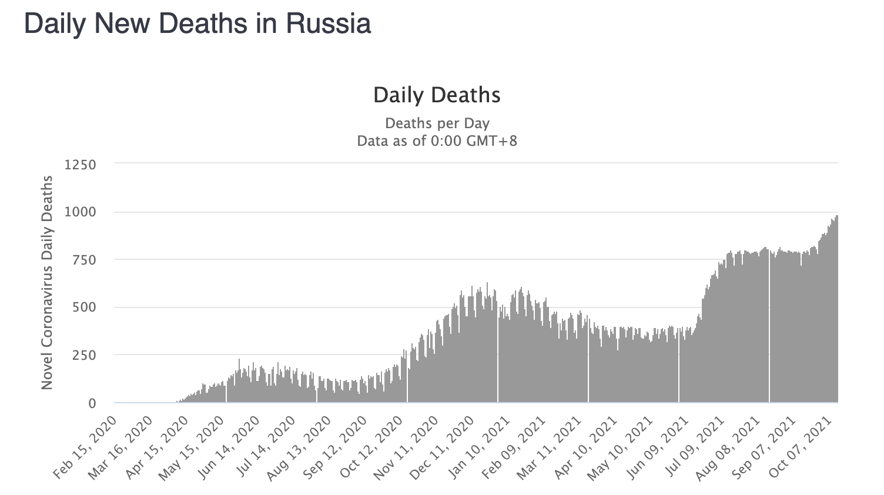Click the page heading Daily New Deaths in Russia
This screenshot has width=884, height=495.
click(x=197, y=24)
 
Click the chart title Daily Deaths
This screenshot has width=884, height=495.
click(x=437, y=95)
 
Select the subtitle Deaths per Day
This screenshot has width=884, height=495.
click(x=437, y=123)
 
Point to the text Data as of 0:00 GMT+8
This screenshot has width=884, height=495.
click(x=437, y=141)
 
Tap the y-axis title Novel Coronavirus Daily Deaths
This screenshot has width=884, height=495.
click(x=47, y=282)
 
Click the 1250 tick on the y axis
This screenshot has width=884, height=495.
click(x=80, y=164)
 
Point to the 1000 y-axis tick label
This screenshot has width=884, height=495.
click(x=80, y=212)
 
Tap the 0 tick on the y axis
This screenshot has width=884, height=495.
click(x=92, y=403)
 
